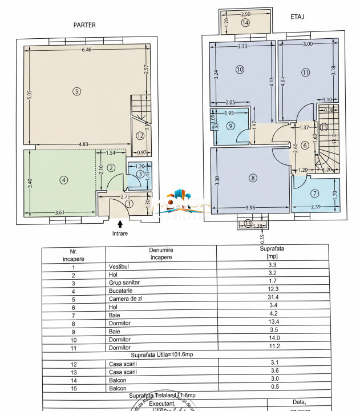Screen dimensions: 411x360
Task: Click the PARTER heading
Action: (x=84, y=25)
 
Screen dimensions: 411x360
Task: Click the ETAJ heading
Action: (x=297, y=17)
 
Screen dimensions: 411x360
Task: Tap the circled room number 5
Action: (x=76, y=91)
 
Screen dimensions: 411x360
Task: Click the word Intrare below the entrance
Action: (x=120, y=233)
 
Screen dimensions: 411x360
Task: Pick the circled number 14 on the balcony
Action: (x=245, y=23)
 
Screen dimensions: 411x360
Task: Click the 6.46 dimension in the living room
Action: (x=86, y=50)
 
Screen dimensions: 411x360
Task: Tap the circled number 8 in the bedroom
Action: (x=253, y=178)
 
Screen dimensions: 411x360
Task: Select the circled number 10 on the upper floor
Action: (x=240, y=70)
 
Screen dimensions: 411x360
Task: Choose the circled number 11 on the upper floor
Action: (x=306, y=72)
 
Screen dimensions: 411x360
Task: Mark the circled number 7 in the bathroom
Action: (x=315, y=194)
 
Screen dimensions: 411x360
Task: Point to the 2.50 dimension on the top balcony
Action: (x=245, y=14)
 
